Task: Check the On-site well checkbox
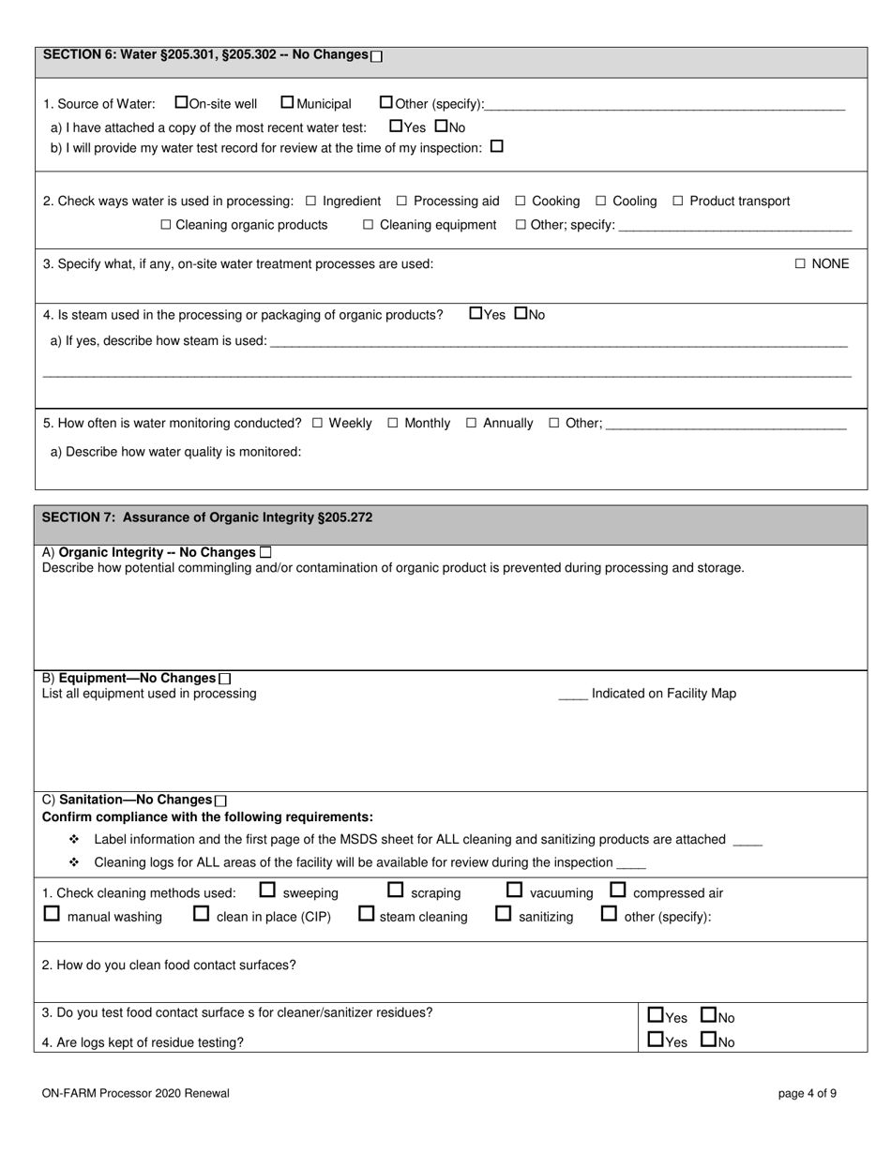[x=182, y=102]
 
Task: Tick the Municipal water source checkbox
[x=287, y=102]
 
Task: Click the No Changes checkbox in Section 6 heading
[x=377, y=56]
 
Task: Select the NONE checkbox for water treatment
[x=800, y=264]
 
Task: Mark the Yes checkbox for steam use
[x=476, y=313]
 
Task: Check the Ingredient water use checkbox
[x=311, y=202]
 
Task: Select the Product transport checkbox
[x=678, y=202]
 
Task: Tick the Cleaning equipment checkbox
[x=369, y=225]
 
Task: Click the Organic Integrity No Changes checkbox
[x=265, y=553]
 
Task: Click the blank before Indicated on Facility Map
[x=572, y=695]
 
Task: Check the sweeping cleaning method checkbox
[x=267, y=890]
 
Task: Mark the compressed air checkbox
[x=618, y=890]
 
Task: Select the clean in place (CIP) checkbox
[x=201, y=913]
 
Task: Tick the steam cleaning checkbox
[x=367, y=913]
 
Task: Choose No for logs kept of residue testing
[x=709, y=1039]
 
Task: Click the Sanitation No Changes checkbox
[x=220, y=801]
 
